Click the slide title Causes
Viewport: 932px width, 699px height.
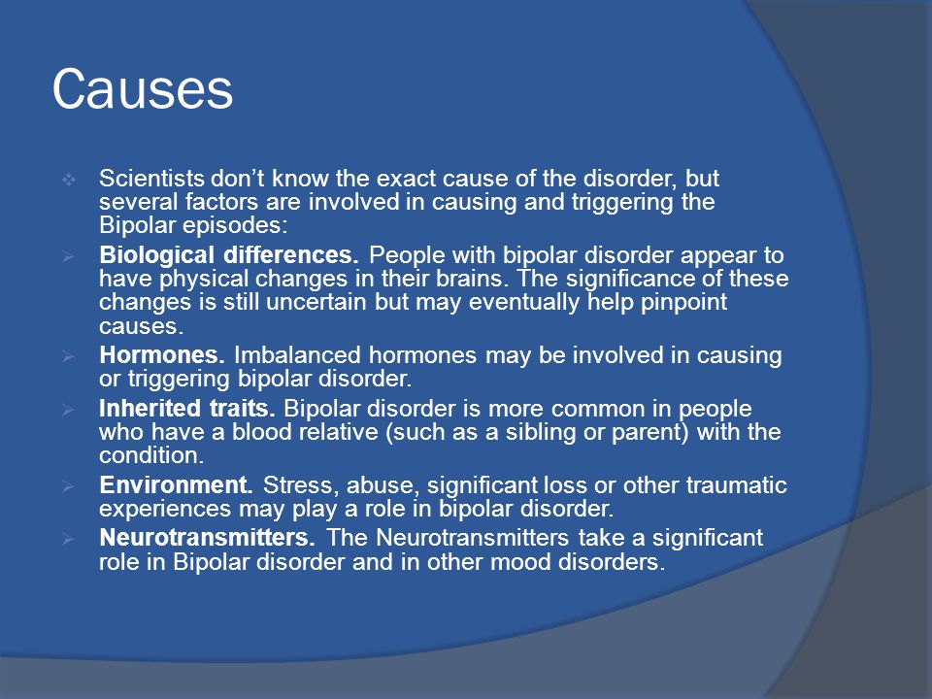click(x=143, y=89)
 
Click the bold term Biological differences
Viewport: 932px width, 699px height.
click(x=229, y=255)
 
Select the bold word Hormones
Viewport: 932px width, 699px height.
click(x=162, y=355)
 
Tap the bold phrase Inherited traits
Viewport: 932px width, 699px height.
click(x=186, y=409)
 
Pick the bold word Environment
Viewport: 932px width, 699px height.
click(x=176, y=485)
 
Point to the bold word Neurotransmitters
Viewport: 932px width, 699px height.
click(x=207, y=537)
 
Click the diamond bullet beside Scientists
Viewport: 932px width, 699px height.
click(x=68, y=179)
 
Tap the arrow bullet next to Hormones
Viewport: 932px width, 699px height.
click(x=68, y=356)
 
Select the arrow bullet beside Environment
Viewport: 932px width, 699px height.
click(x=68, y=486)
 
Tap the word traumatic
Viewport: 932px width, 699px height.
click(x=737, y=485)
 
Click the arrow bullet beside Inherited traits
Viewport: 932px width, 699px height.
click(x=68, y=410)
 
